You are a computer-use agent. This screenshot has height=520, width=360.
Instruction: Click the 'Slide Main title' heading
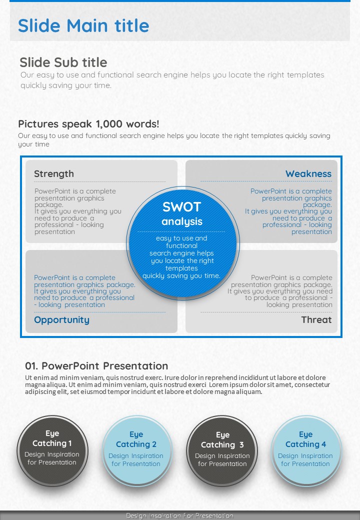click(83, 25)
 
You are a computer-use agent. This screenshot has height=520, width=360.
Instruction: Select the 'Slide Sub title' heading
click(63, 62)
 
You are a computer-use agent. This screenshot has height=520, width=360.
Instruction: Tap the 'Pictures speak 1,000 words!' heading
click(88, 124)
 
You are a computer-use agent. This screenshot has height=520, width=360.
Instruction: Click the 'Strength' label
click(54, 174)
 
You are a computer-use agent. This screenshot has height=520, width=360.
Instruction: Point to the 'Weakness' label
click(308, 174)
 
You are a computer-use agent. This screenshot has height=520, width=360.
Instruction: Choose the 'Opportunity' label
click(61, 320)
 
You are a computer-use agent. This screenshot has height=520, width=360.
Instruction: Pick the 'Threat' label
click(316, 319)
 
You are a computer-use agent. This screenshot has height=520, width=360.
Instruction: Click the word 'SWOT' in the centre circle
click(181, 207)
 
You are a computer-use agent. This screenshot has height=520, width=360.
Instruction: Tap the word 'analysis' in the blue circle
click(182, 221)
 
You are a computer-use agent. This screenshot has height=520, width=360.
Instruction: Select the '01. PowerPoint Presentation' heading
click(96, 366)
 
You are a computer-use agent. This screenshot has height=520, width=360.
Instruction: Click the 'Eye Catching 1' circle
click(52, 451)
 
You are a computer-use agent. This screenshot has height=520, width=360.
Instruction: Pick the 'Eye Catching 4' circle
click(306, 451)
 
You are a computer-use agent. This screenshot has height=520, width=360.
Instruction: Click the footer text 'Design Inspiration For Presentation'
click(179, 515)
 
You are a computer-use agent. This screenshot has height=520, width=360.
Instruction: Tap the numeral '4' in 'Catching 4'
click(323, 444)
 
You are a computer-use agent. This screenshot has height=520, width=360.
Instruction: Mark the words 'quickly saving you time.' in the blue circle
click(181, 275)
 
